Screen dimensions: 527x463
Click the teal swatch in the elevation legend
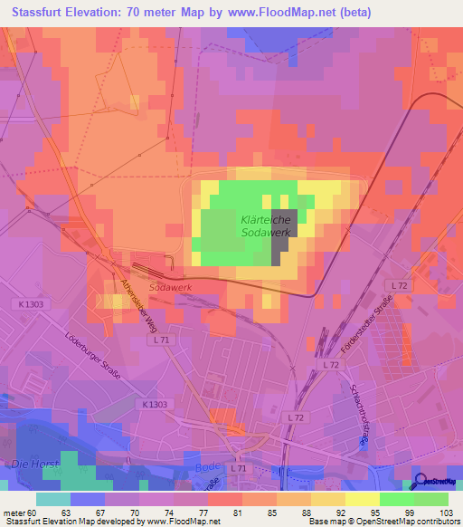click(52, 499)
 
